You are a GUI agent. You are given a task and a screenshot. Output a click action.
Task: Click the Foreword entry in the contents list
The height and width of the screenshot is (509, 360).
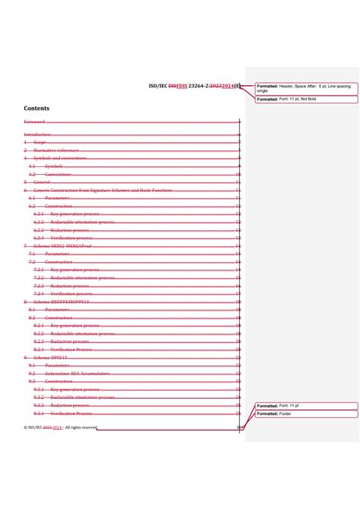34,122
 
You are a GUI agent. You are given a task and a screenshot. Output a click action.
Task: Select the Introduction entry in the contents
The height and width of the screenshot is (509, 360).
37,134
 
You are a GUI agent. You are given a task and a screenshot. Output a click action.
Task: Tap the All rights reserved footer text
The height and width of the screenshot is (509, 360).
81,428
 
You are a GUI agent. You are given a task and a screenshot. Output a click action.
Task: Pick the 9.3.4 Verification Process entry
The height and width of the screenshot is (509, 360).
71,413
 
